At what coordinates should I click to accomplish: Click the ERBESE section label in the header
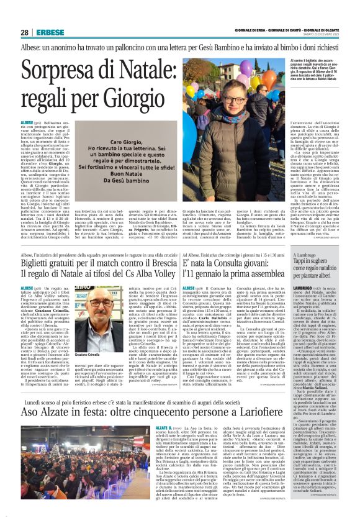48,32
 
